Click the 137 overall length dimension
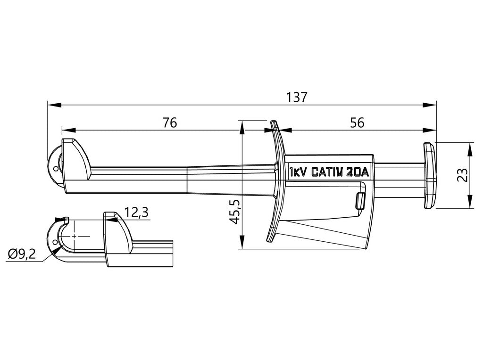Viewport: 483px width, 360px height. pos(297,97)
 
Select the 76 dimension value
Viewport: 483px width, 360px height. pos(169,123)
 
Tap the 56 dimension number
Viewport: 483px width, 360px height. pos(357,123)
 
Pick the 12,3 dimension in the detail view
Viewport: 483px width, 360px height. pos(137,213)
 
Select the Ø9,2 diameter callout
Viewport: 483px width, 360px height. pos(22,254)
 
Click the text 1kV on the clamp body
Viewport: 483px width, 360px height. pos(299,172)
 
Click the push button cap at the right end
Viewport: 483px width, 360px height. pos(429,176)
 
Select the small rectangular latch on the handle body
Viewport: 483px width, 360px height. pos(361,200)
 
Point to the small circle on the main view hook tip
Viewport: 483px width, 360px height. pos(56,168)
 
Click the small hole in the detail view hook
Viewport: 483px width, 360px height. pos(56,243)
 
